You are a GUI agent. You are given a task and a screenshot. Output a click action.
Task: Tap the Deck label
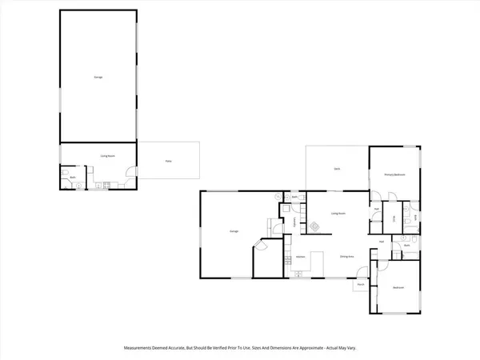(x=338, y=169)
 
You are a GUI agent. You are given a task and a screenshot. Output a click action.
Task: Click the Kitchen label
(x=301, y=256)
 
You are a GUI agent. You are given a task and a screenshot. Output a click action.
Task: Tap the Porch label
(x=361, y=285)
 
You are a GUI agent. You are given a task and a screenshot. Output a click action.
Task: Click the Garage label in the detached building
(x=98, y=77)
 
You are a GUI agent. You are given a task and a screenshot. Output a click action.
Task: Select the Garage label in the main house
(x=235, y=232)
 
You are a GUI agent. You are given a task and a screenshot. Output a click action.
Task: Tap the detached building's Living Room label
(x=104, y=157)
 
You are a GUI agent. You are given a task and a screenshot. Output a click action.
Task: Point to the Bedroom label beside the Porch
(x=398, y=287)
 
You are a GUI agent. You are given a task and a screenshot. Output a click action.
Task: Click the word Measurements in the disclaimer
(x=141, y=347)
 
